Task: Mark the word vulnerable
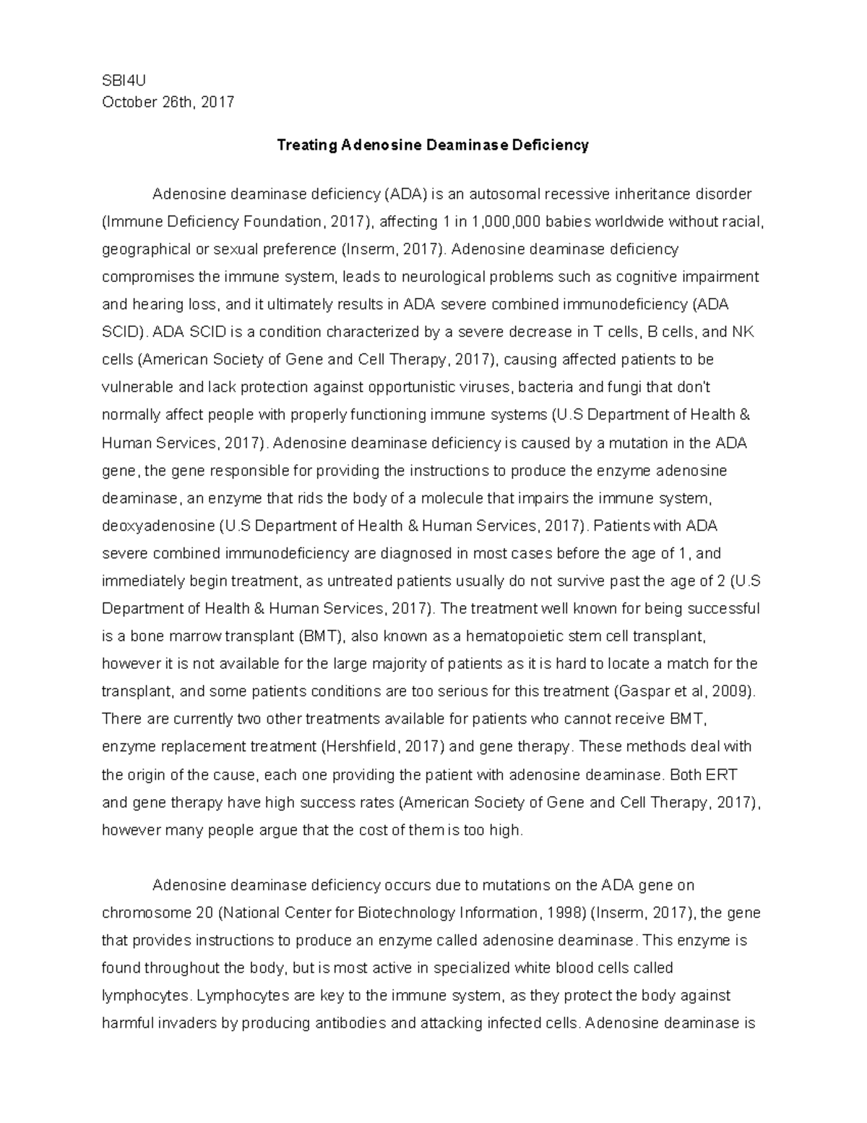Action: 137,387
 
